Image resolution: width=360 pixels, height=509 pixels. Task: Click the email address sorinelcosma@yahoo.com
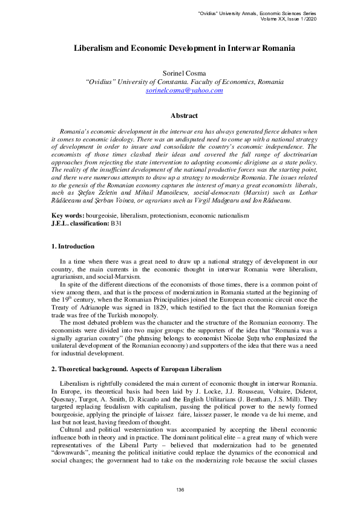click(185, 90)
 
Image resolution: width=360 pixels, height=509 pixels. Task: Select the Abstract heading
click(184, 115)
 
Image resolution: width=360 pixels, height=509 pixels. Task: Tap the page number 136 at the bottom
click(180, 489)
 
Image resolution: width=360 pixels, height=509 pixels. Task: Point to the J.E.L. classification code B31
click(116, 223)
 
